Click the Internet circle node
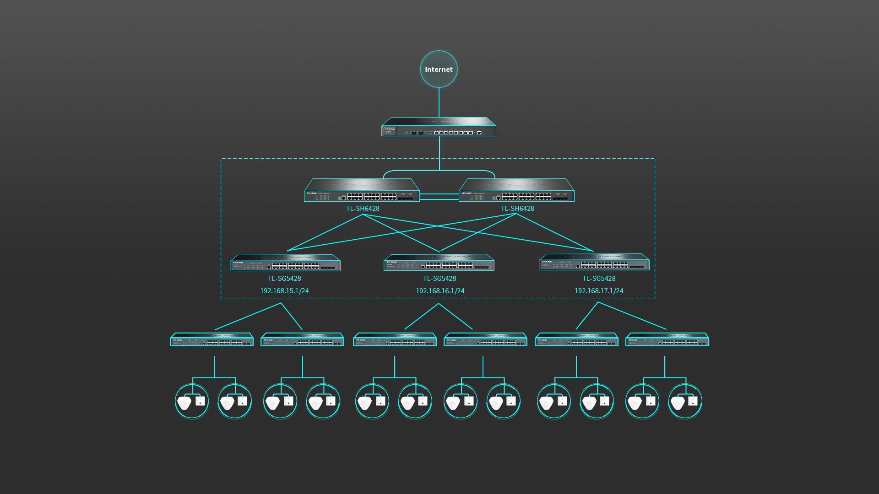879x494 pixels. pos(439,69)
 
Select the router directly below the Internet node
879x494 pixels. pos(439,128)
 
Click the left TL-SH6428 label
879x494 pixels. pos(363,209)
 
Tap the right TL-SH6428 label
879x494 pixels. pos(517,209)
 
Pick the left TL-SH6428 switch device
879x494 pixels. pos(362,191)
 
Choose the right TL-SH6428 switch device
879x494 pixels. pos(516,191)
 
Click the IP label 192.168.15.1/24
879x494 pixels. pos(284,291)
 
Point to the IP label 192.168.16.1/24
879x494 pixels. pos(440,291)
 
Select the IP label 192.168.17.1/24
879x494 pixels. pos(599,291)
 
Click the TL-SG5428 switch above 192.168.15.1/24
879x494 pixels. pos(285,263)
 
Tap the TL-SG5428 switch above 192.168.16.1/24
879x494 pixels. pos(439,263)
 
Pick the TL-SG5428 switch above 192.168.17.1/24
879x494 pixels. pos(594,263)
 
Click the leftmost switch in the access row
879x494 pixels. pos(212,340)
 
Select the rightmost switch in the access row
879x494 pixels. pos(667,340)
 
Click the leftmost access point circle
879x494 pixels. pos(192,401)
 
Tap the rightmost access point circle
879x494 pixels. pos(685,401)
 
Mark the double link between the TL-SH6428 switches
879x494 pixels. pos(439,197)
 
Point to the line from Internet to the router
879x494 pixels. pos(439,102)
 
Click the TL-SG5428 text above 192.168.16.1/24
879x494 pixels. pos(439,279)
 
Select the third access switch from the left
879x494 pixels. pos(395,340)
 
